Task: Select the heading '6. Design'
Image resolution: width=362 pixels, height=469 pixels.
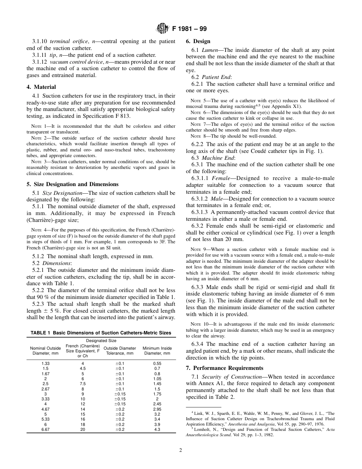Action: (x=198, y=41)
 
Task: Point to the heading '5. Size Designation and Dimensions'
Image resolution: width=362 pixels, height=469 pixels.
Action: (x=72, y=184)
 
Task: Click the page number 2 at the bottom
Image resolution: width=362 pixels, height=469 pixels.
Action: (x=181, y=450)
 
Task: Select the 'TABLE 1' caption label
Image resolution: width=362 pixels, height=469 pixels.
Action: (x=40, y=333)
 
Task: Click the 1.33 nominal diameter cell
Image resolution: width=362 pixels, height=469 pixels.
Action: (x=45, y=364)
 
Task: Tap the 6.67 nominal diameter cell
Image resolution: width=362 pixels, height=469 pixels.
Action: (x=45, y=429)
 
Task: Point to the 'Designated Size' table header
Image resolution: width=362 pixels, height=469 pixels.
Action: (x=101, y=341)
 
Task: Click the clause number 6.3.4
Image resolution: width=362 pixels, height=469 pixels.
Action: (x=199, y=344)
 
